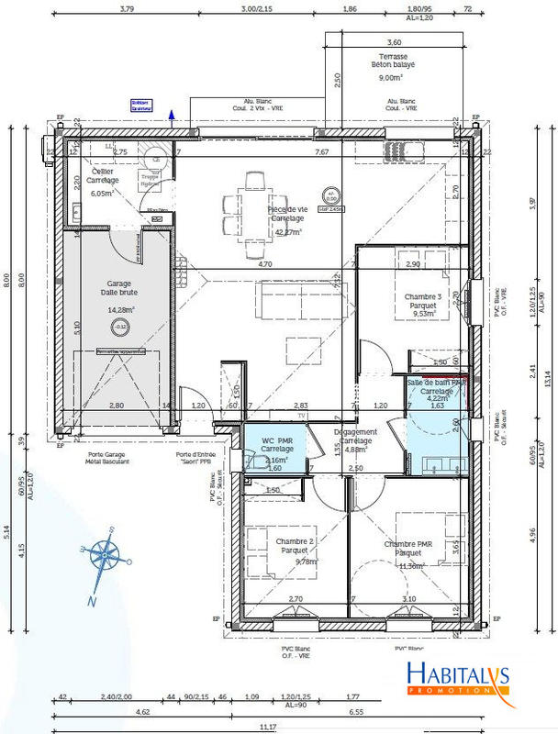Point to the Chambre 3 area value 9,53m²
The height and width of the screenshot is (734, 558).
click(422, 313)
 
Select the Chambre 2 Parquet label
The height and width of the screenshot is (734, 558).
click(295, 547)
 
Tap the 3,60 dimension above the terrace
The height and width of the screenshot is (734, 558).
click(394, 42)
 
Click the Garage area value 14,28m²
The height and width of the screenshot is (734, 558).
click(120, 310)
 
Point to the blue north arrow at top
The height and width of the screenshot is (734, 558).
click(172, 114)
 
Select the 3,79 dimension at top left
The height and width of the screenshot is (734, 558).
click(127, 10)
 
